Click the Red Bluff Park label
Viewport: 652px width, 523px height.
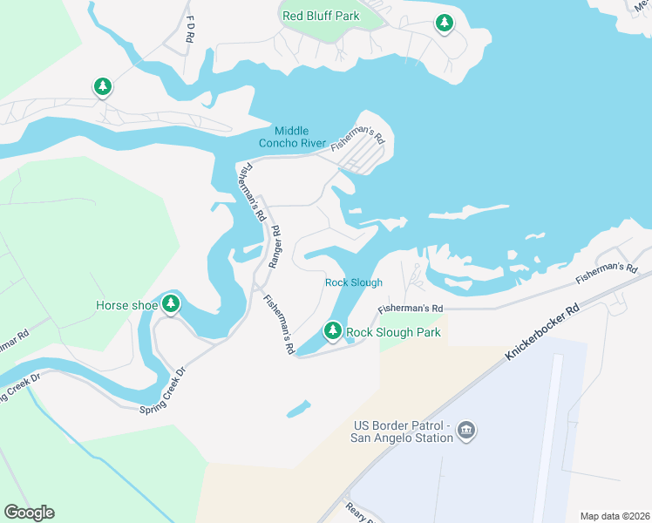click(321, 15)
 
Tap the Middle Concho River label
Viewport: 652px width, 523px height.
click(292, 137)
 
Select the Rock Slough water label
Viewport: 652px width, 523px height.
click(354, 282)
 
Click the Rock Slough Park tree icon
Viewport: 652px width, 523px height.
click(332, 331)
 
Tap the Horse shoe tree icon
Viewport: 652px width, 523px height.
click(172, 304)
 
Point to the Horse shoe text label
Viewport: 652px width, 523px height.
click(126, 305)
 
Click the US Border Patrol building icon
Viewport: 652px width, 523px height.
click(466, 431)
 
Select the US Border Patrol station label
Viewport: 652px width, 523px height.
click(402, 431)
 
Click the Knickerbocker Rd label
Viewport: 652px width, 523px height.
click(540, 335)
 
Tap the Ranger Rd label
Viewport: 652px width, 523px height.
click(275, 246)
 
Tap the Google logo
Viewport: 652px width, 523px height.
click(29, 513)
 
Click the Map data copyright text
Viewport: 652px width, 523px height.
click(615, 515)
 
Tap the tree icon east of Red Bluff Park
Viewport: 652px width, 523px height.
click(445, 23)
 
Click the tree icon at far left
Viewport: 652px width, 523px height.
click(103, 86)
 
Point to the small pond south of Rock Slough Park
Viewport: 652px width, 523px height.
click(297, 408)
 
